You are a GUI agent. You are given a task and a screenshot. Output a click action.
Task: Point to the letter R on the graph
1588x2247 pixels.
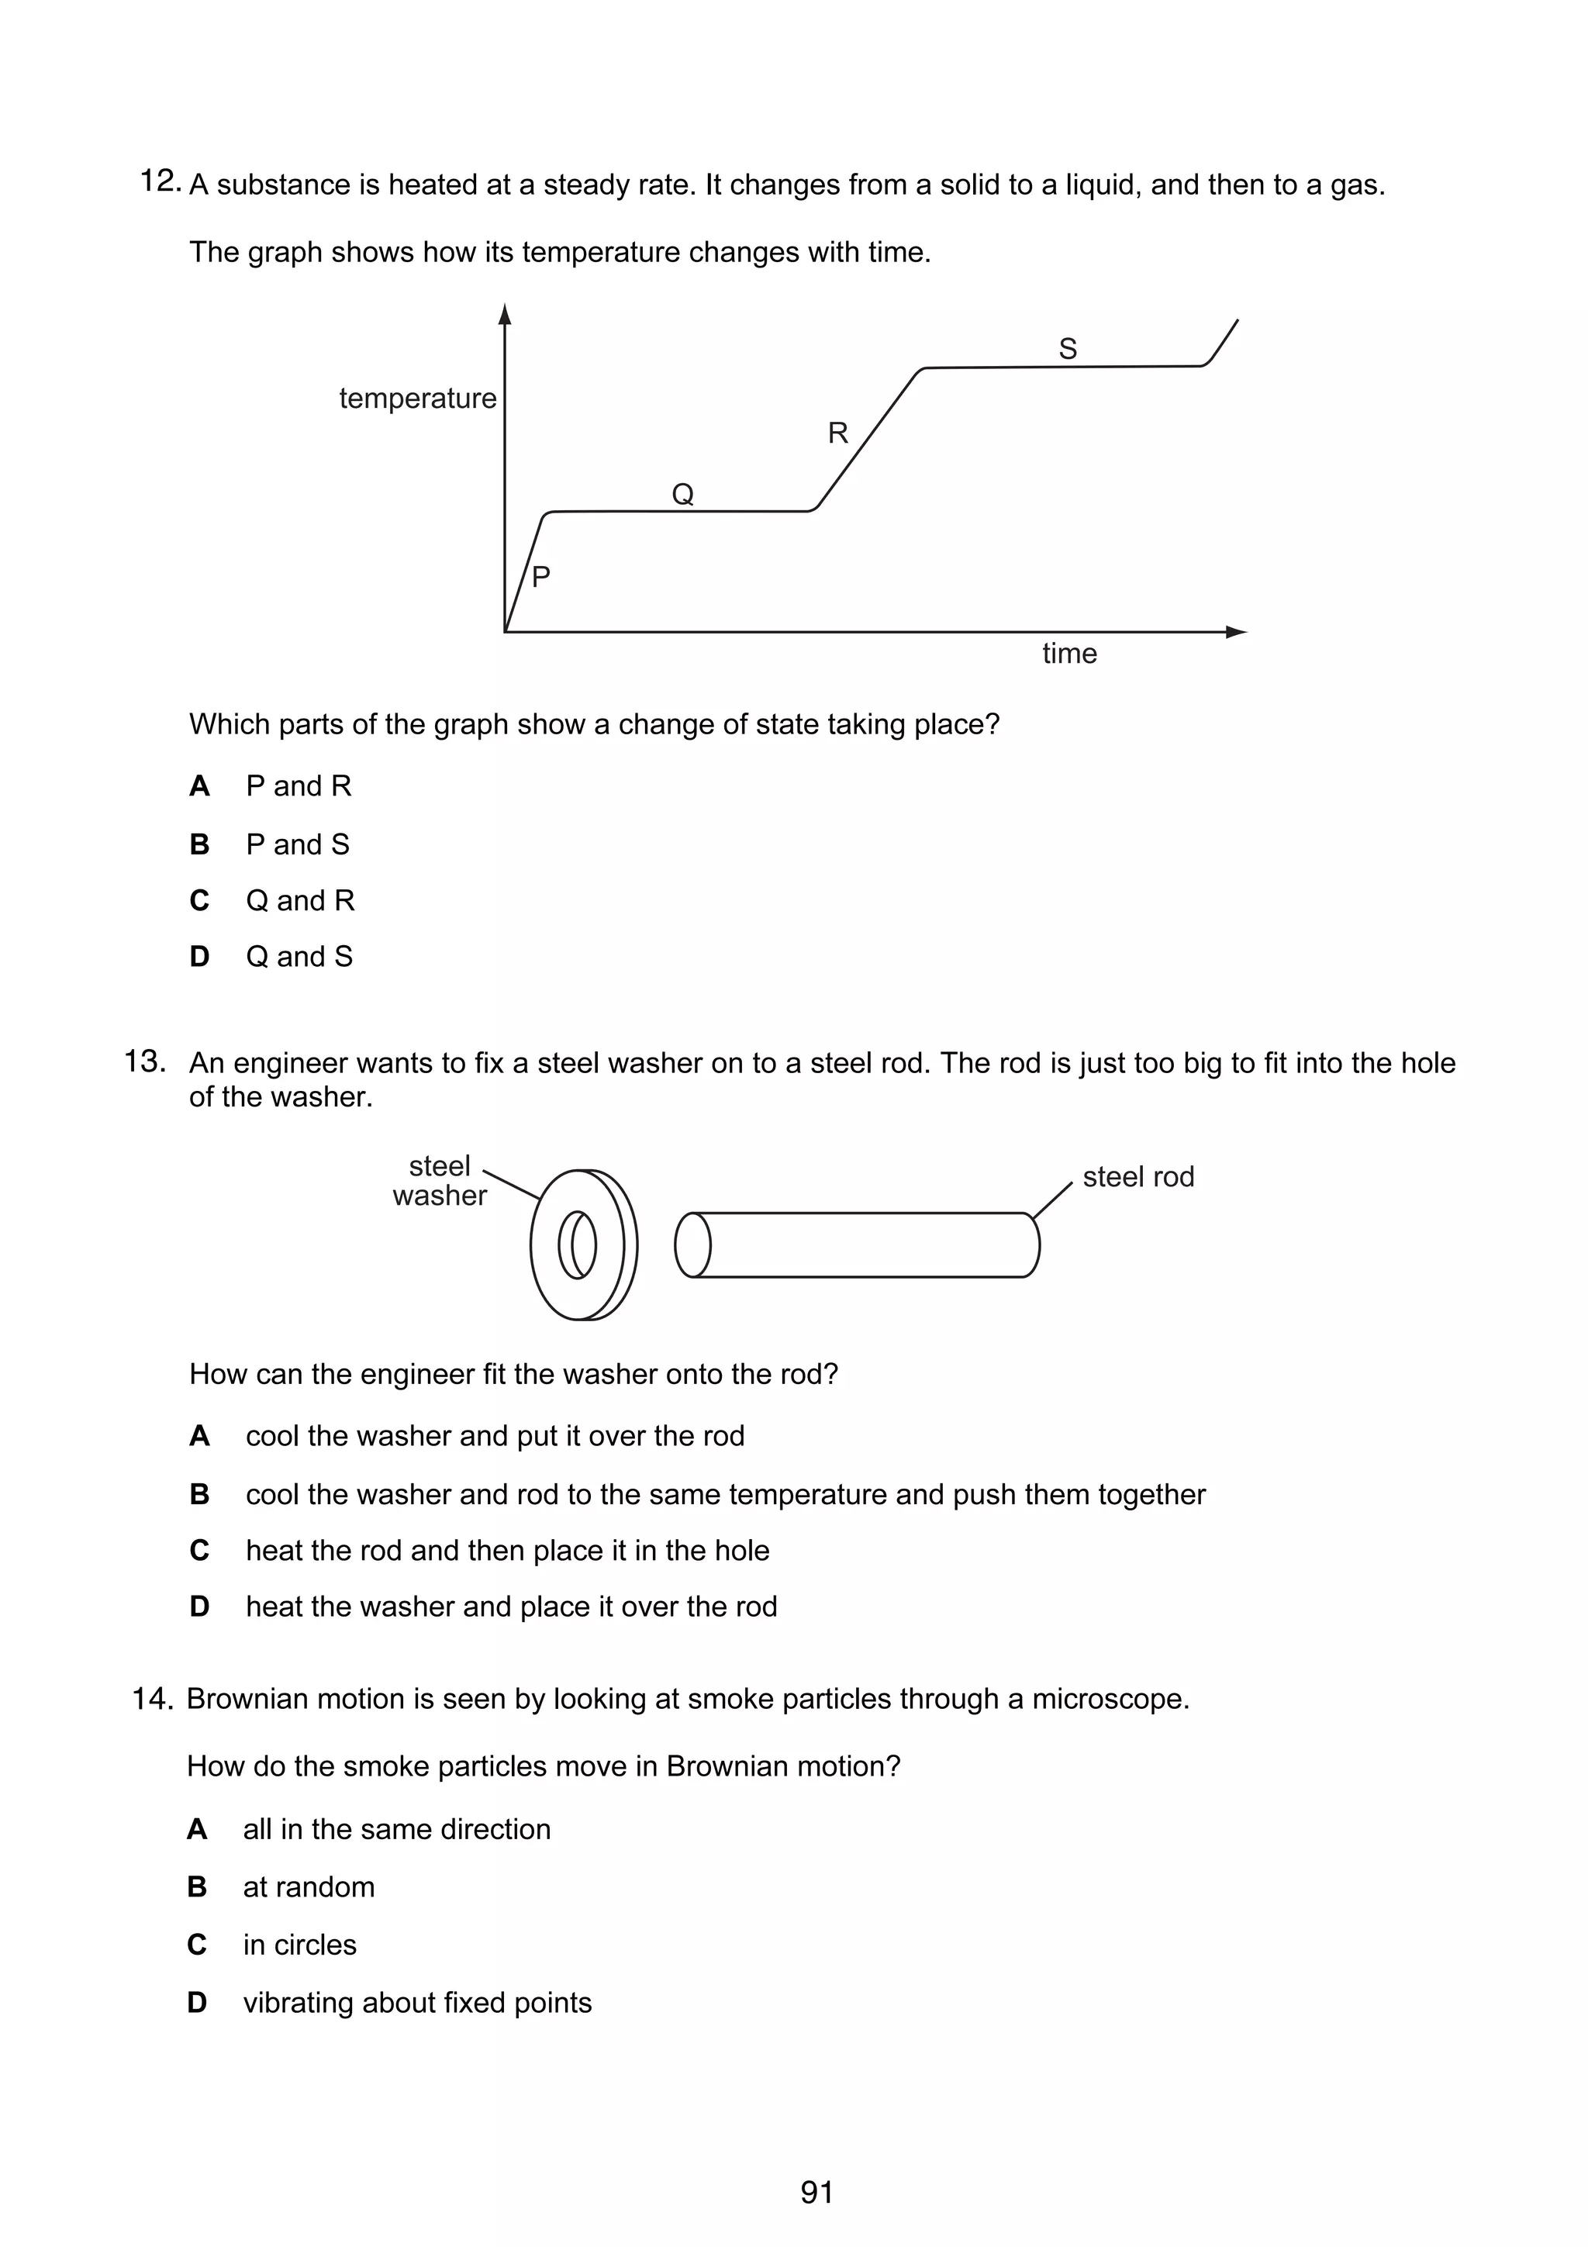click(837, 433)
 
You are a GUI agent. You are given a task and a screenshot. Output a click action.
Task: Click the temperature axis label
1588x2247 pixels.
click(418, 399)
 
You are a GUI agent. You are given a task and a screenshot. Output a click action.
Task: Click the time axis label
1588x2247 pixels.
click(1068, 653)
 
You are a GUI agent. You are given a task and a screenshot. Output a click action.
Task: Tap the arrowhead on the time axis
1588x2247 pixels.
click(1237, 632)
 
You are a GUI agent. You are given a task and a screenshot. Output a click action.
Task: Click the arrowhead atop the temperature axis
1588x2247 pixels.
click(505, 314)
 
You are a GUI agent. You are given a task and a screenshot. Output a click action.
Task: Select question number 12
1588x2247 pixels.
click(161, 181)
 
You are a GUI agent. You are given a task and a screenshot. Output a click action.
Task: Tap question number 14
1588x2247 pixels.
click(153, 1699)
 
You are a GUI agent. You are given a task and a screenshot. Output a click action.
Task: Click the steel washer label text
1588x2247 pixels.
click(440, 1180)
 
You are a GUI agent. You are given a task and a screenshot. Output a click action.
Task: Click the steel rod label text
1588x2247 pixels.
click(1138, 1176)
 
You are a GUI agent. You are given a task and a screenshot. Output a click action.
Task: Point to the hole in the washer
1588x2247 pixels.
click(577, 1245)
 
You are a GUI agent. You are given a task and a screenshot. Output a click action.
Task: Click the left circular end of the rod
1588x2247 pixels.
click(692, 1245)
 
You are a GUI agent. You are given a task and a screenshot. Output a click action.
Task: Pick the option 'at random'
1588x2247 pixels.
click(308, 1887)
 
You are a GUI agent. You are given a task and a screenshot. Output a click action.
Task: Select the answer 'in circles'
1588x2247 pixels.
click(299, 1945)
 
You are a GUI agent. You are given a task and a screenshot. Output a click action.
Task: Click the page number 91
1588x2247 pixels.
click(816, 2192)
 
